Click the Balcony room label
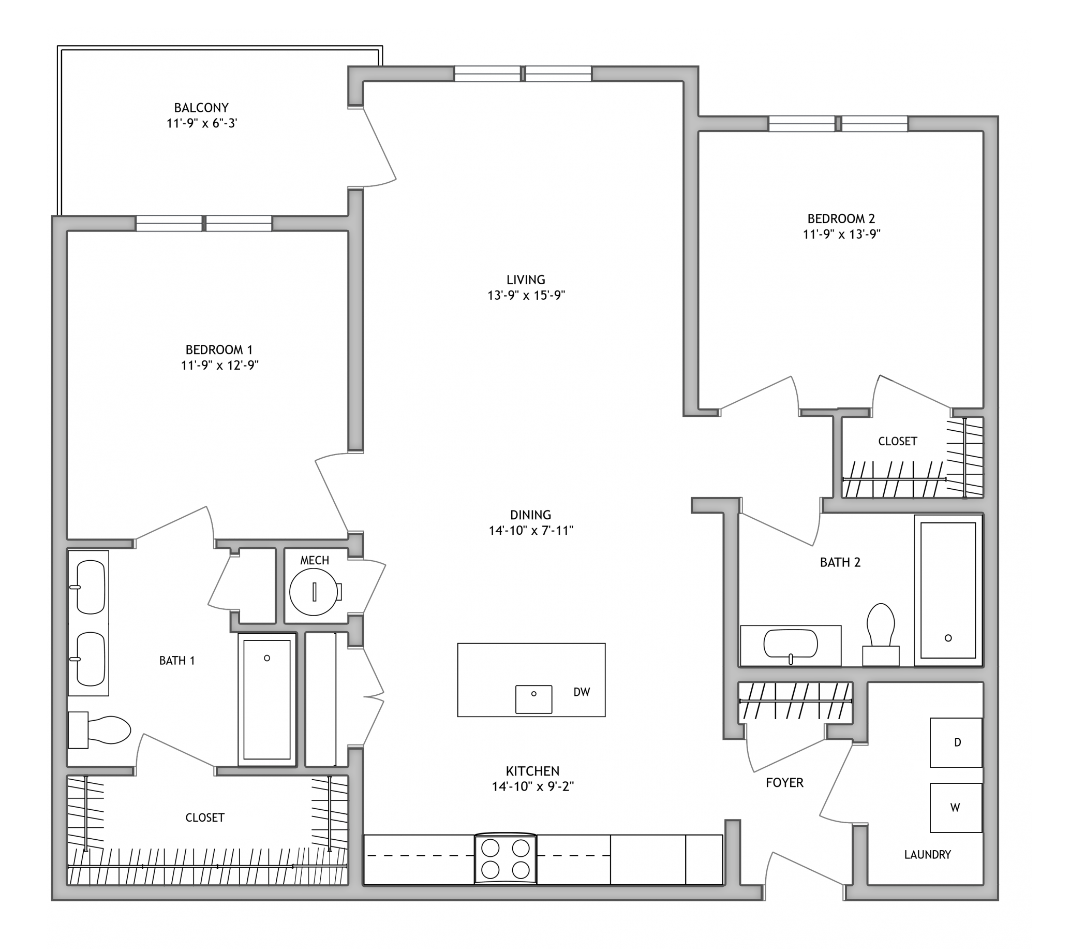tap(201, 108)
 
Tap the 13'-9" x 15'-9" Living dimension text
tap(526, 296)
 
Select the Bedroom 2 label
tap(841, 218)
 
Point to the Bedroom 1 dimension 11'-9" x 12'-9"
tap(220, 365)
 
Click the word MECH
tap(315, 560)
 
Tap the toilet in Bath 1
tap(99, 730)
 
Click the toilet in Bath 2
tap(881, 634)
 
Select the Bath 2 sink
tap(791, 644)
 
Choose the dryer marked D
tap(956, 742)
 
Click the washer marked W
tap(956, 808)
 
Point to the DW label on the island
tap(582, 692)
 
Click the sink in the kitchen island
tap(534, 699)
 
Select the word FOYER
tap(784, 782)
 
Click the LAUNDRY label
tap(928, 855)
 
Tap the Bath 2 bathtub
tap(948, 590)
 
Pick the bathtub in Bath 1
tap(267, 699)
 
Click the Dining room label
tap(531, 515)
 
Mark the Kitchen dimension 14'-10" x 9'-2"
tap(533, 786)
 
